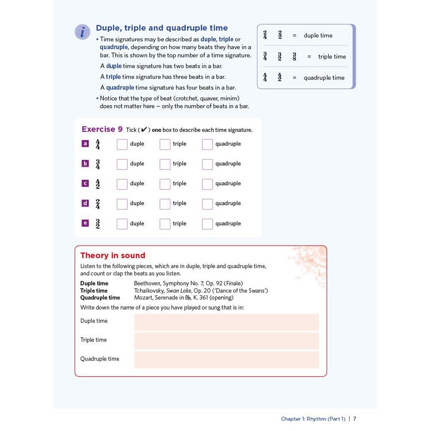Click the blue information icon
82,32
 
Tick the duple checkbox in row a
122,144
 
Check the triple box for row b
165,164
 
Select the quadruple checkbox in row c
207,184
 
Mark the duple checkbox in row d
122,204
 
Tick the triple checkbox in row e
165,224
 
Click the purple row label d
85,203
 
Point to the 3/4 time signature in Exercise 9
98,164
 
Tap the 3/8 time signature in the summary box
294,56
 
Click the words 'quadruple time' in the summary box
324,78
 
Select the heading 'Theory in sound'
113,256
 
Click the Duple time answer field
226,322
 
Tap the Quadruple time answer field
226,360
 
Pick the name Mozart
143,298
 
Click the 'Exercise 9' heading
102,129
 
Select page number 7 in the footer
355,419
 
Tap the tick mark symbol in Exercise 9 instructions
144,130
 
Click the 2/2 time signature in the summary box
280,35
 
